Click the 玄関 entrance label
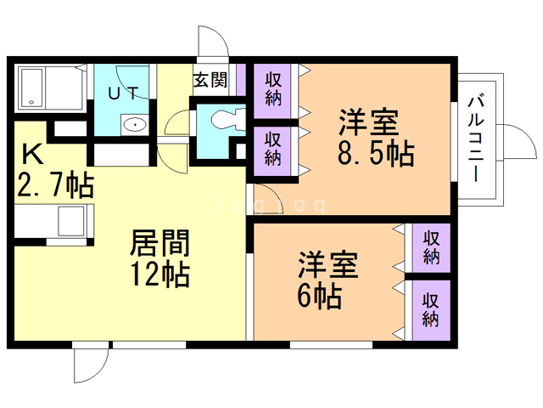pyautogui.click(x=210, y=81)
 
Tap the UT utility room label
pyautogui.click(x=124, y=93)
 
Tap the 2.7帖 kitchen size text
pyautogui.click(x=55, y=184)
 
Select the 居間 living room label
pyautogui.click(x=160, y=242)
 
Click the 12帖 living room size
pyautogui.click(x=160, y=275)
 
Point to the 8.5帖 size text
pyautogui.click(x=375, y=153)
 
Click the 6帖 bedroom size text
pyautogui.click(x=320, y=296)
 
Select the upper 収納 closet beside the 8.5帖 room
pyautogui.click(x=273, y=90)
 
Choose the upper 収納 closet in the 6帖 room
pyautogui.click(x=431, y=247)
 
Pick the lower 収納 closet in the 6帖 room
pyautogui.click(x=431, y=309)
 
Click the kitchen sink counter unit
pyautogui.click(x=54, y=221)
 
